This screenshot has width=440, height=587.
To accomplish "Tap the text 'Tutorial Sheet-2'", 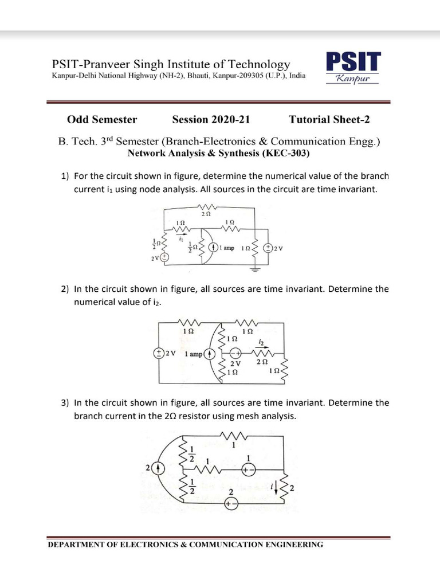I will pos(329,120).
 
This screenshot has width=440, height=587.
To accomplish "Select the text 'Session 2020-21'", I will pos(211,120).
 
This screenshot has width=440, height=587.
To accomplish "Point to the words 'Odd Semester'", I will pos(102,120).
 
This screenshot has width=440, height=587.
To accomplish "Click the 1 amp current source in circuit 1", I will pos(213,248).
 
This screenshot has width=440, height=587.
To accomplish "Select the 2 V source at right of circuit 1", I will pos(268,248).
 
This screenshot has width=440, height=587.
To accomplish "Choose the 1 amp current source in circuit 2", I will pos(210,354).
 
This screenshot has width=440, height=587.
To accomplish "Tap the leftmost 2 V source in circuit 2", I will pos(158,353).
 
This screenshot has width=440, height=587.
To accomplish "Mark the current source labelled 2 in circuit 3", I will pos(159,468).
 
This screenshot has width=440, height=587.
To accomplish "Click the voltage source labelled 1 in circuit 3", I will pos(248,468).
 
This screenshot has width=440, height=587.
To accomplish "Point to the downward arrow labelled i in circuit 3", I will pos(278,488).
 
